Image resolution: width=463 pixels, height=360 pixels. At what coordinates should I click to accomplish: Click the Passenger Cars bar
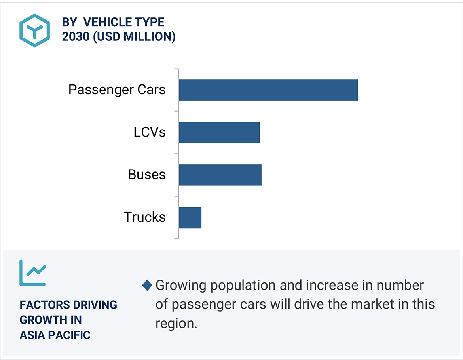[x=268, y=90]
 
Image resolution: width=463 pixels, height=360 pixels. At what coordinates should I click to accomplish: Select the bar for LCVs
[x=219, y=132]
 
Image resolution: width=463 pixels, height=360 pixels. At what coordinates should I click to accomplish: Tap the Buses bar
[x=220, y=175]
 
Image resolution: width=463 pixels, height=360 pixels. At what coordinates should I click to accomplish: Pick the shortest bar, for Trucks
[x=190, y=217]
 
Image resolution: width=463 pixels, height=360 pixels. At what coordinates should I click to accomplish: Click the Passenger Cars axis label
[x=117, y=90]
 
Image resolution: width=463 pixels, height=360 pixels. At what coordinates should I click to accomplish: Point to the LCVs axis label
[x=149, y=132]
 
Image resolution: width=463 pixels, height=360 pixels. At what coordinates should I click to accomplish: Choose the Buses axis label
[x=146, y=175]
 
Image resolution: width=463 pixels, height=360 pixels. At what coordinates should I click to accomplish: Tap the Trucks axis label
[x=144, y=217]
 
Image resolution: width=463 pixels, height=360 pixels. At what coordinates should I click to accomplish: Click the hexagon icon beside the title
[x=35, y=30]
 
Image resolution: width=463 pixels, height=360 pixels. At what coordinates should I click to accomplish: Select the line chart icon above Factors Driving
[x=33, y=273]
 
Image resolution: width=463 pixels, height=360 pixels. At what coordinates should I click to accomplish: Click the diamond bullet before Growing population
[x=147, y=285]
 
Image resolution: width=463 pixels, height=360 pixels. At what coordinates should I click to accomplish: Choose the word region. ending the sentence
[x=176, y=323]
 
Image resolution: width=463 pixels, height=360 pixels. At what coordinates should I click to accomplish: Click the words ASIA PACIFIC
[x=55, y=335]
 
